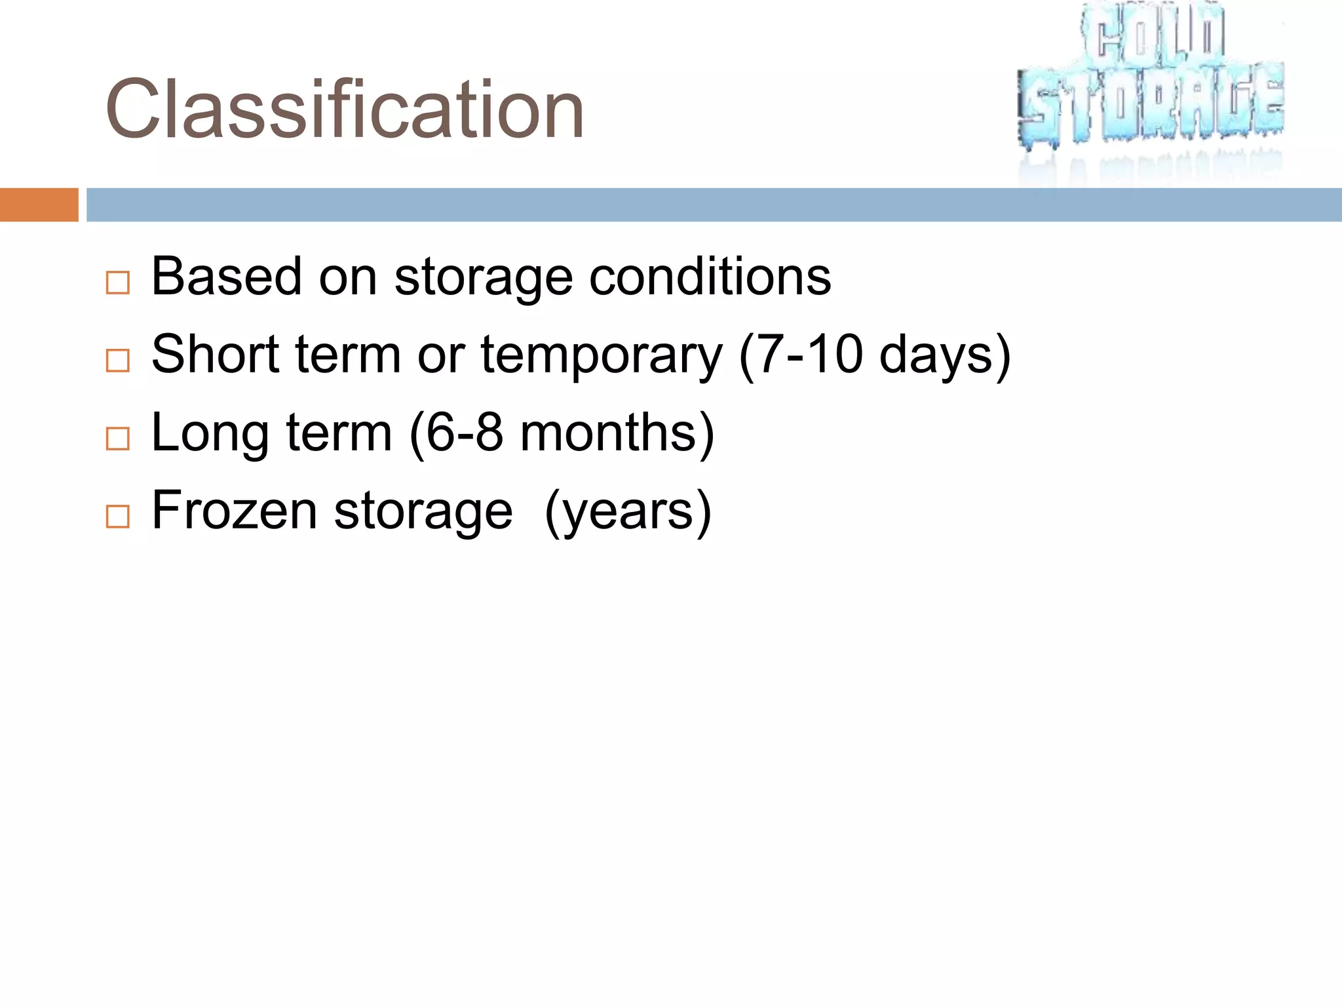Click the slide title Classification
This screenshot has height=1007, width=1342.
click(344, 109)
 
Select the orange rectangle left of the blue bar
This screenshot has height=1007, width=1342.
click(39, 205)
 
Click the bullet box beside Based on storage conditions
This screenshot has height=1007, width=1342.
click(118, 283)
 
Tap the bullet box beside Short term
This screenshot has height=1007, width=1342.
click(118, 361)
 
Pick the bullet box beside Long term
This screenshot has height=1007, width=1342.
click(118, 439)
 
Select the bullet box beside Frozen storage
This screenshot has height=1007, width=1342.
click(118, 517)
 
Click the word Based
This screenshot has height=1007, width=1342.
click(227, 277)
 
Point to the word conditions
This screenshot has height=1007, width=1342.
click(710, 277)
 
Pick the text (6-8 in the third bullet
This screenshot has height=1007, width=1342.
click(456, 433)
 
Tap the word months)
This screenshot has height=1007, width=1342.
click(617, 433)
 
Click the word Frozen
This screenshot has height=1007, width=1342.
click(234, 511)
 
